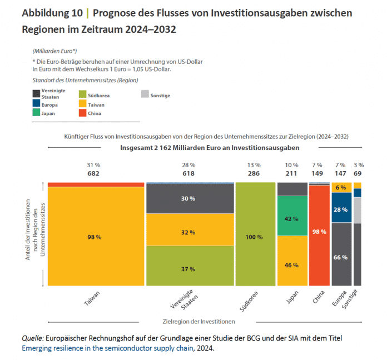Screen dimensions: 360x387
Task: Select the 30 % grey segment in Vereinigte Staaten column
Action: (x=189, y=198)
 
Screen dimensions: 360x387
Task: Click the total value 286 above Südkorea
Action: (x=254, y=173)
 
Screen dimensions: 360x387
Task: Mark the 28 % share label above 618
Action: (x=189, y=165)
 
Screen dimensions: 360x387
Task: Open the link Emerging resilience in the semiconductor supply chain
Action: (x=108, y=348)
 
